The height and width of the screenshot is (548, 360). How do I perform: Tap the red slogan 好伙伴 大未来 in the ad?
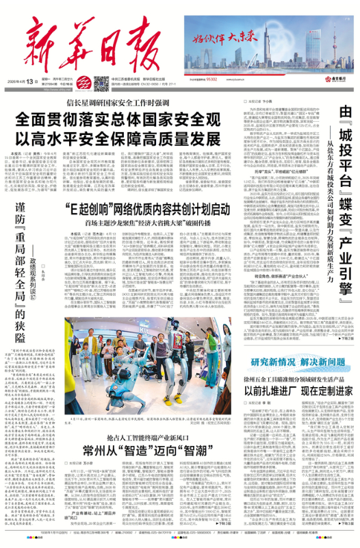coord(225,39)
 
